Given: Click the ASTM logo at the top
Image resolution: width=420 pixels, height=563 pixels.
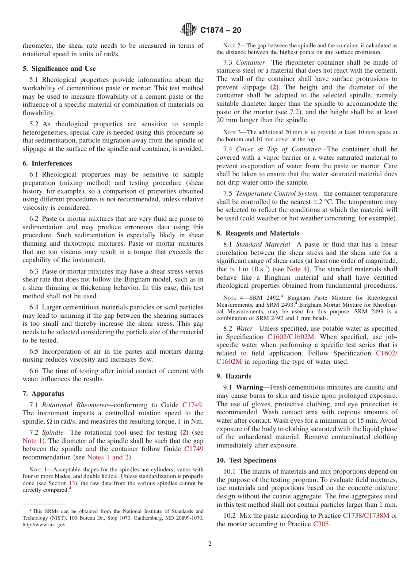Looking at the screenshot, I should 189,30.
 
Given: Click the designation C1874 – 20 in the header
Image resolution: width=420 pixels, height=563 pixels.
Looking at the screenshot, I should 221,31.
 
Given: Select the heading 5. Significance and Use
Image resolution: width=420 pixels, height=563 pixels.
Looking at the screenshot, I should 59,69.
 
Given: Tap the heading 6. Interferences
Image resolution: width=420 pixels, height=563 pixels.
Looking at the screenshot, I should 47,163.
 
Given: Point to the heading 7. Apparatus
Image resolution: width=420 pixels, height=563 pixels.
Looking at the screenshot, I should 43,393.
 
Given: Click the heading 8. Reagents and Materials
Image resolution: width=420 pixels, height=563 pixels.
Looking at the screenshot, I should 258,233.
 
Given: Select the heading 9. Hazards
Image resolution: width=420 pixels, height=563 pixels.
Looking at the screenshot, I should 234,376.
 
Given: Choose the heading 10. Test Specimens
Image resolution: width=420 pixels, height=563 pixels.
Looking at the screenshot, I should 246,460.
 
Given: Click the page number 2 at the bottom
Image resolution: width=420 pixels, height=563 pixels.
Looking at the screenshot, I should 210,544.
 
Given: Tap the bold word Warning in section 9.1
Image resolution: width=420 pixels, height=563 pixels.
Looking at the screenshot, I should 252,387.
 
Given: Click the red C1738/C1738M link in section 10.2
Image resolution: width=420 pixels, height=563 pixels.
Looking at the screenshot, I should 366,516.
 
